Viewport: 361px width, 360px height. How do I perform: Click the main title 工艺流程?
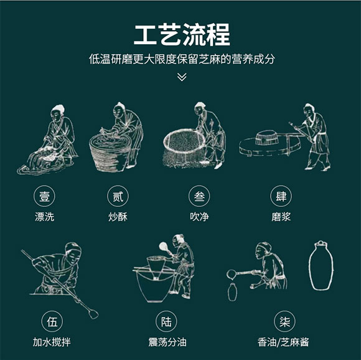pos(182,35)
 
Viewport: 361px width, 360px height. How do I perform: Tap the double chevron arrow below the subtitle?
pos(182,77)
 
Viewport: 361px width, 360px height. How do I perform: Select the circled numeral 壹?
pos(44,196)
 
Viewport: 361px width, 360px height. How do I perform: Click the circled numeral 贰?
pos(118,196)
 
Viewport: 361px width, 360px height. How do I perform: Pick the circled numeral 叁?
pos(199,196)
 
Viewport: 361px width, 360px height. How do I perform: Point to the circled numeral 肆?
pos(281,196)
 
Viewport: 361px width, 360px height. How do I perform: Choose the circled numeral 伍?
pos(52,321)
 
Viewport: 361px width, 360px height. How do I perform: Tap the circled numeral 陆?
pos(166,321)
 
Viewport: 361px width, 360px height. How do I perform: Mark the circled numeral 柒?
pos(285,321)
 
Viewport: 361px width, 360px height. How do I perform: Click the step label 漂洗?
pos(44,217)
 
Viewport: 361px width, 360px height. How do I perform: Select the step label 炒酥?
pos(118,217)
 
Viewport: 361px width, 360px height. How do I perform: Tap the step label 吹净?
pos(199,217)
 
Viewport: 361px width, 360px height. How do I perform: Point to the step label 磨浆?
pos(281,217)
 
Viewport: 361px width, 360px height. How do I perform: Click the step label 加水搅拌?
pos(52,342)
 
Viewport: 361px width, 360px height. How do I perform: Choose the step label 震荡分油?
pos(167,342)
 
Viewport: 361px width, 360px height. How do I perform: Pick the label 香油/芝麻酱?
pos(283,342)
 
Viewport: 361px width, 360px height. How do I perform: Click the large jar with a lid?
pos(321,265)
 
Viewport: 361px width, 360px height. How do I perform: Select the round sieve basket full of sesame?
pos(184,141)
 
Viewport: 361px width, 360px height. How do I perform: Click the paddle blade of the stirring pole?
pos(93,314)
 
